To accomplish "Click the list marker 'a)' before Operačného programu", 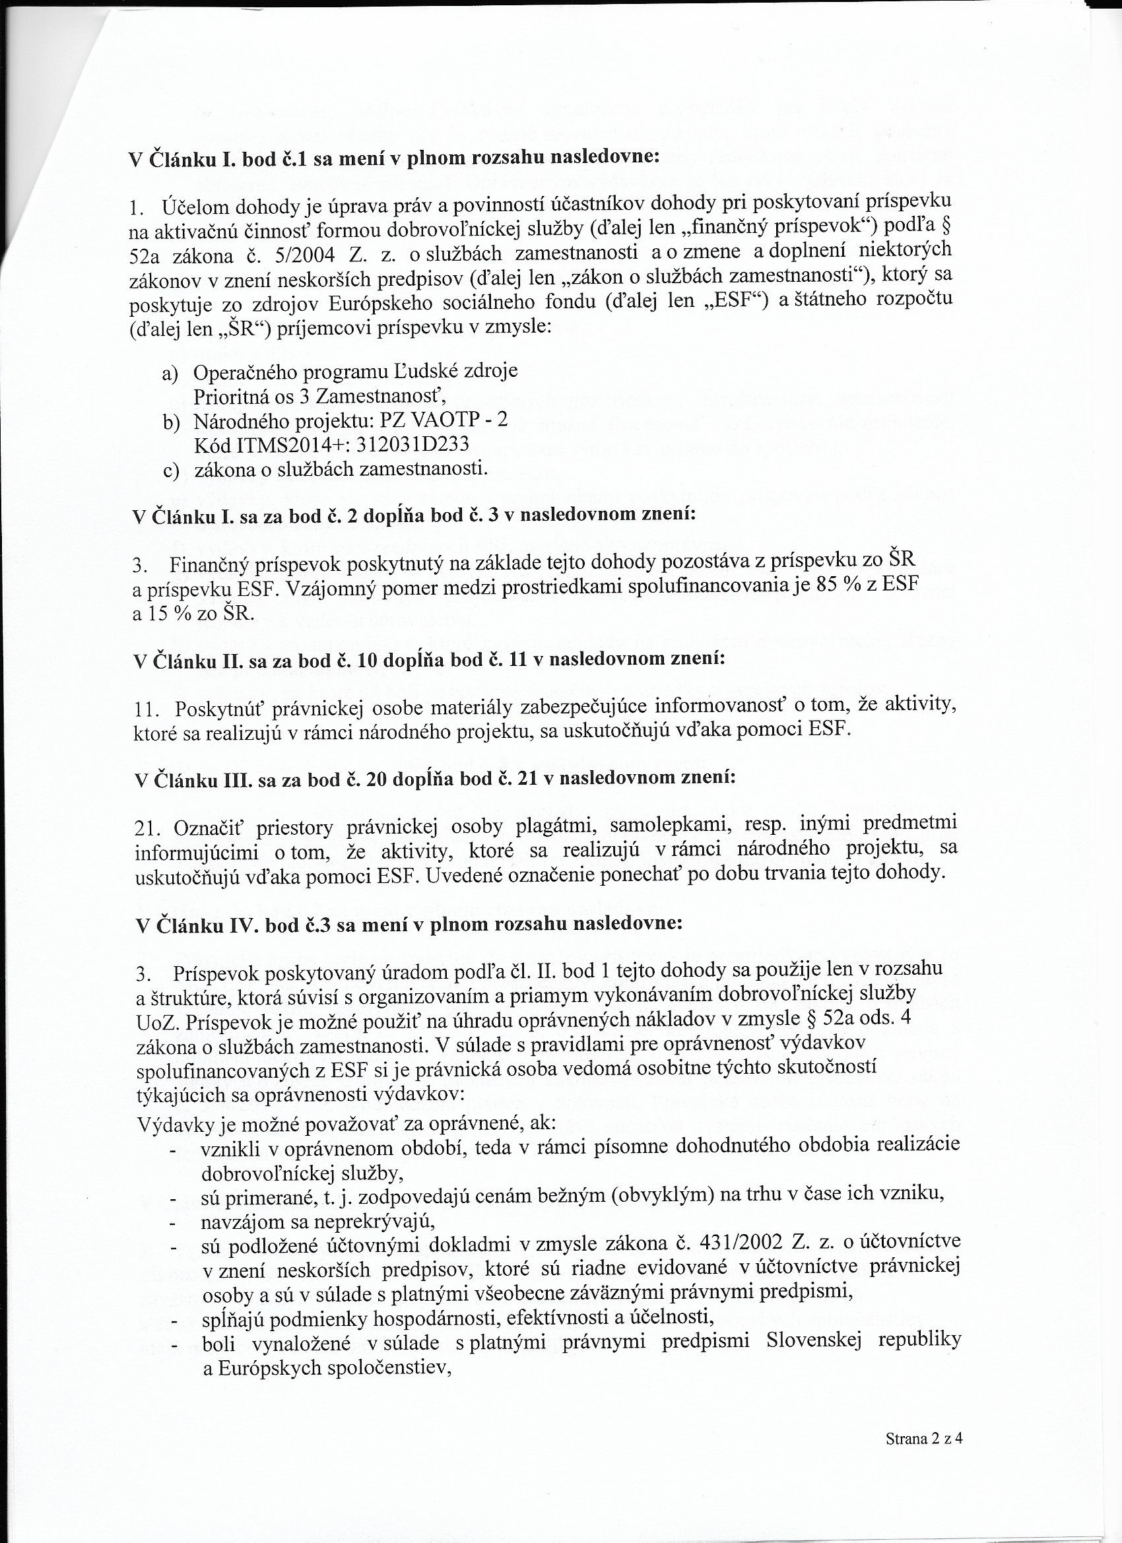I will click(170, 374).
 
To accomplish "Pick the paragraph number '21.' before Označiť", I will click(148, 830).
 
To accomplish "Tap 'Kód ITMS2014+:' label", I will click(269, 444).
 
